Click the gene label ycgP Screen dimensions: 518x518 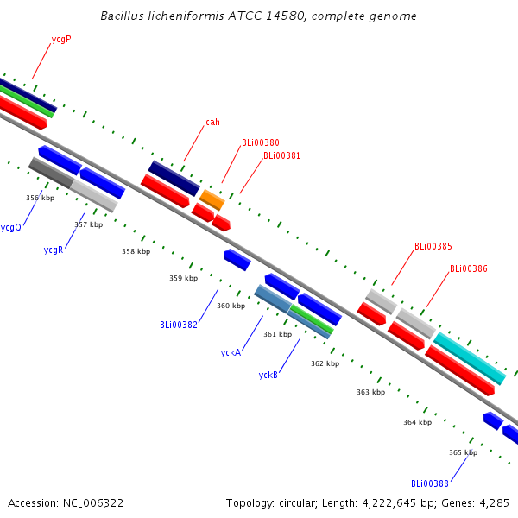pos(61,40)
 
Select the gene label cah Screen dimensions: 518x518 pos(212,122)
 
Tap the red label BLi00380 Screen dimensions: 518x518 pos(260,143)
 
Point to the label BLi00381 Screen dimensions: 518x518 pos(281,156)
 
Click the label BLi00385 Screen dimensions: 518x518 pos(433,247)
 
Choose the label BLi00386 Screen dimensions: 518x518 pos(468,269)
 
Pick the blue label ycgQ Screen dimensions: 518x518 pos(11,228)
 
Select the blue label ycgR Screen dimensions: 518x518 pos(54,250)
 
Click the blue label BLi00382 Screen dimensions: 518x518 pos(179,325)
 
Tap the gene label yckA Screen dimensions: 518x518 pos(231,352)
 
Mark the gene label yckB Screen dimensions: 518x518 pos(268,375)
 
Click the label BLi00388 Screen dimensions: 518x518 pos(430,483)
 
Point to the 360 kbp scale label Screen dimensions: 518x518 pos(231,306)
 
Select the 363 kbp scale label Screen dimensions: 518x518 pos(370,392)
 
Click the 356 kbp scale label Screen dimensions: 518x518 pos(40,198)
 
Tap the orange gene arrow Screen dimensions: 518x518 pos(212,199)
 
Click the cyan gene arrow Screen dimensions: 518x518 pos(470,357)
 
